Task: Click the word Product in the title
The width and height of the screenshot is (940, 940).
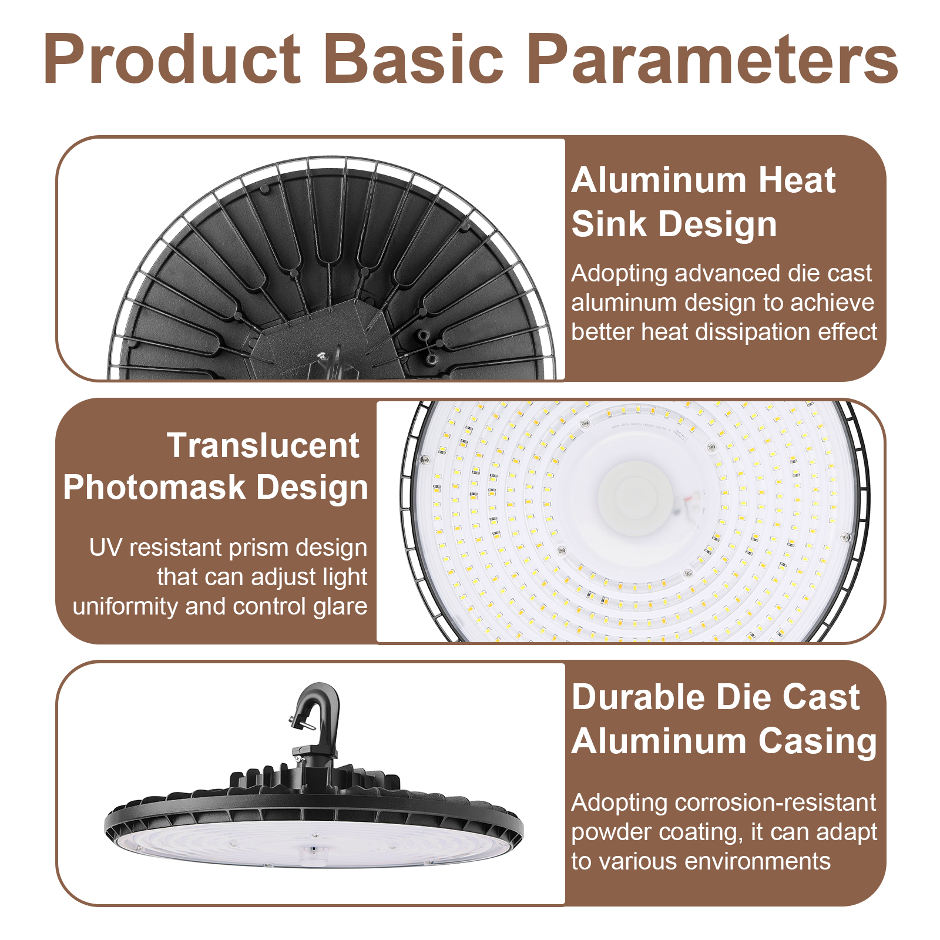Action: coord(172,60)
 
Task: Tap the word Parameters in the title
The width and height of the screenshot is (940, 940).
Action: coord(712,60)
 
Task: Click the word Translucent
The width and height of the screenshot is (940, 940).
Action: coord(263,445)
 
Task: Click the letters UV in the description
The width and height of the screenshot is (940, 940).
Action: coord(106,548)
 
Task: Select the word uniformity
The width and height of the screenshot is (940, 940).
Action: coord(126,606)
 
